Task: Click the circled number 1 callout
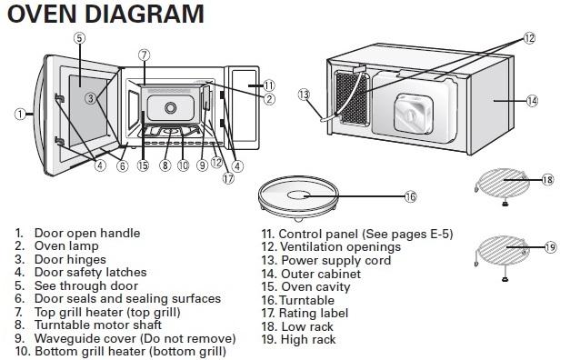pyautogui.click(x=20, y=115)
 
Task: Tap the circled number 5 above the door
pyautogui.click(x=80, y=38)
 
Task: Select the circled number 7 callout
pyautogui.click(x=145, y=55)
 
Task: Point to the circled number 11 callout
pyautogui.click(x=269, y=85)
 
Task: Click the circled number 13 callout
pyautogui.click(x=304, y=95)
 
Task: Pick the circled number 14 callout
pyautogui.click(x=532, y=101)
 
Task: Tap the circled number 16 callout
pyautogui.click(x=410, y=196)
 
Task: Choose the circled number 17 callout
pyautogui.click(x=229, y=178)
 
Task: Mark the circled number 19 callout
pyautogui.click(x=550, y=247)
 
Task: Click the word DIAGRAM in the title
pyautogui.click(x=145, y=14)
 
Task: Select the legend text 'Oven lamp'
pyautogui.click(x=66, y=245)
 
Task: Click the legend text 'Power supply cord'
pyautogui.click(x=335, y=260)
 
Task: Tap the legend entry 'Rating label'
pyautogui.click(x=314, y=313)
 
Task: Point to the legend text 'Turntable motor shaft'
pyautogui.click(x=98, y=325)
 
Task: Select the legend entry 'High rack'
pyautogui.click(x=308, y=340)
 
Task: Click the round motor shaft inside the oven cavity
pyautogui.click(x=170, y=107)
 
